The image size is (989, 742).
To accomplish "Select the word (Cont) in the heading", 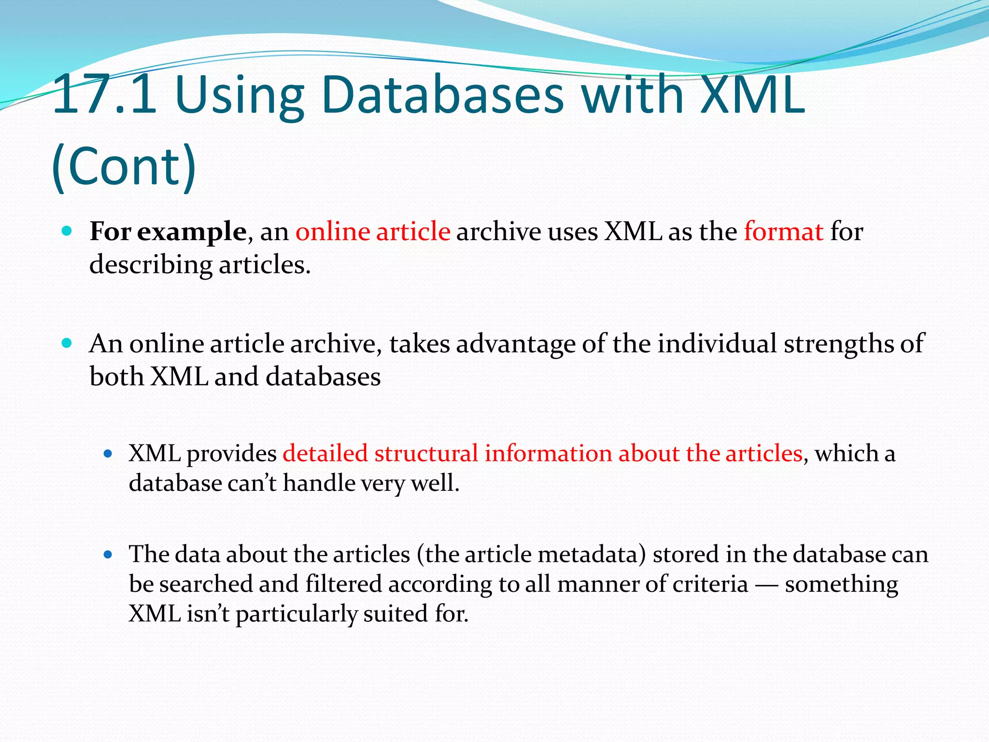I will [124, 167].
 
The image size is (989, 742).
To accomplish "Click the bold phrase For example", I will [168, 232].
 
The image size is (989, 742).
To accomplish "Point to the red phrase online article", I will [373, 232].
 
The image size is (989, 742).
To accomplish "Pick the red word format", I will [783, 232].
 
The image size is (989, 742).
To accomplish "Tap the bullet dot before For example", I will [67, 231].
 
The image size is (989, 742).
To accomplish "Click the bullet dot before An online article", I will [67, 343].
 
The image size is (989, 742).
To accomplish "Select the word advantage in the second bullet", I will [516, 344].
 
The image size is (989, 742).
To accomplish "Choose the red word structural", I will [426, 454].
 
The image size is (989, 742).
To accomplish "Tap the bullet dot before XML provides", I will [108, 454].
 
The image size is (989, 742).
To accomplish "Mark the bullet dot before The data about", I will [108, 555].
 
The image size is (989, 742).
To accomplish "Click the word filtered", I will [344, 585].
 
